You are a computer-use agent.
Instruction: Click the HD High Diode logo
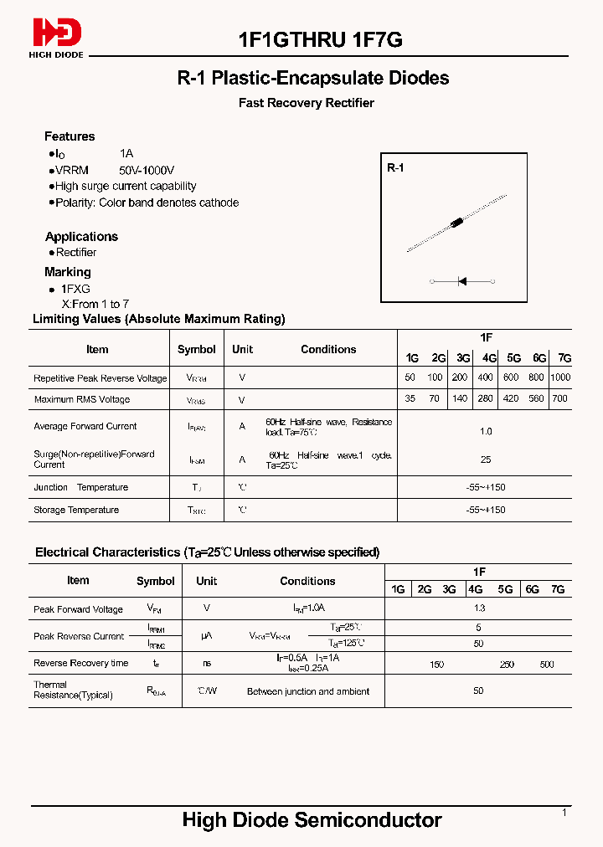57,36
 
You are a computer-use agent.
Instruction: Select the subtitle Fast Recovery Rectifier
307,103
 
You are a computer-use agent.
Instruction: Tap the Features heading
70,136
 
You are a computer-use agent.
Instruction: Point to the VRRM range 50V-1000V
147,170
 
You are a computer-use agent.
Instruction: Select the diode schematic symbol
461,282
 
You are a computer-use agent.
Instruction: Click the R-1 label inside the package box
395,168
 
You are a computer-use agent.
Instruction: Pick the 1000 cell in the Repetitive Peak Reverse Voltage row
560,377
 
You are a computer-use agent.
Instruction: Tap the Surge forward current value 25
486,459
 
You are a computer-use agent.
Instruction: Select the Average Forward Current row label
85,426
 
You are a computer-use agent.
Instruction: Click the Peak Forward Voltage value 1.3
479,608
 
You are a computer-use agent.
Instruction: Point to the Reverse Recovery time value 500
547,664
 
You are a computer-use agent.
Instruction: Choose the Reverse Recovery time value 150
436,664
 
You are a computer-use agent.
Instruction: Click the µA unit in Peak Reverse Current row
207,636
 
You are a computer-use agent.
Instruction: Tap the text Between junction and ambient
307,691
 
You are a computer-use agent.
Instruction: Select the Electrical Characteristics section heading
207,552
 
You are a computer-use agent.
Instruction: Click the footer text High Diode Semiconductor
312,820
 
